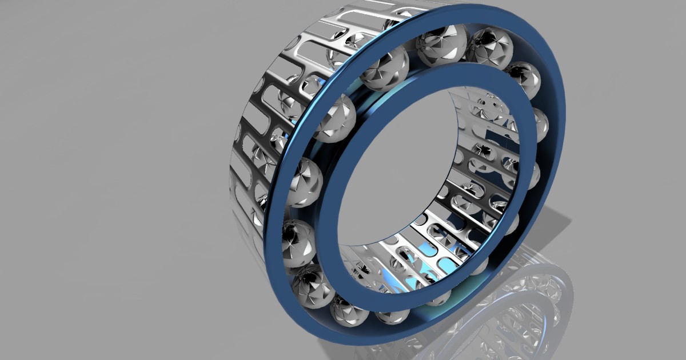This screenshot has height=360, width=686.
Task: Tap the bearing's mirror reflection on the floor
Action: [x=514, y=309]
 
